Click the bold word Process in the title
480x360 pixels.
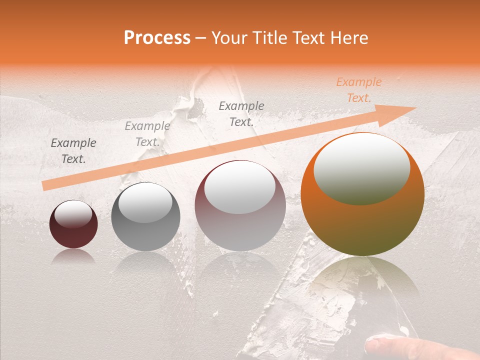tap(157, 37)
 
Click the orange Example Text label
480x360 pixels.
tap(358, 90)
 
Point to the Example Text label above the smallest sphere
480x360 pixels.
tap(73, 151)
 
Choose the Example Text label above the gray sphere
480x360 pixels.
tap(147, 134)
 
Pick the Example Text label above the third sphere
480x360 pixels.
tap(241, 113)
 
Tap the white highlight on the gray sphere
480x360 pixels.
tap(145, 203)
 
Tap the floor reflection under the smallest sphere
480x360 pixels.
tap(73, 256)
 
